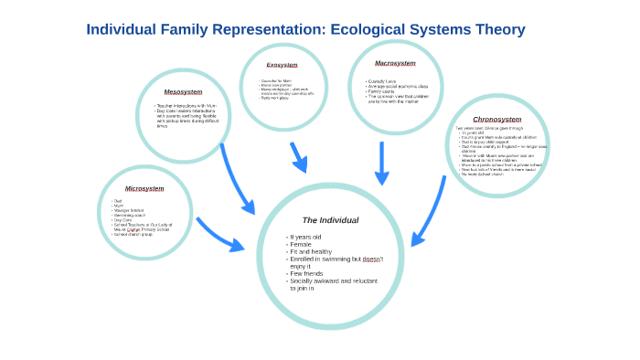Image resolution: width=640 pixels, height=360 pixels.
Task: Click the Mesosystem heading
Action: tap(183, 91)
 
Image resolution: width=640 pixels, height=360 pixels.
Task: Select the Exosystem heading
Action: tap(282, 65)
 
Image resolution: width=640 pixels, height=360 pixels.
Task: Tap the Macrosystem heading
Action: tap(395, 63)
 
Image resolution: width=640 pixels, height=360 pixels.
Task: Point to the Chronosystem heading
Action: tap(496, 119)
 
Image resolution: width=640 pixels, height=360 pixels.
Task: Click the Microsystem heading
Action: tap(144, 188)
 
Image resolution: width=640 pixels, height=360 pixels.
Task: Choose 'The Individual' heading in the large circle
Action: tap(330, 220)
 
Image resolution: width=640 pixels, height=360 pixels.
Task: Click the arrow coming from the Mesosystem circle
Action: tap(236, 178)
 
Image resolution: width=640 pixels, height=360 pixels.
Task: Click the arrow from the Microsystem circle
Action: tap(219, 235)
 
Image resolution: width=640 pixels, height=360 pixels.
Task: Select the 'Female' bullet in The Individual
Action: tap(302, 245)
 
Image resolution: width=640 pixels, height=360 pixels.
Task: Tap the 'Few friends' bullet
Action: tap(306, 273)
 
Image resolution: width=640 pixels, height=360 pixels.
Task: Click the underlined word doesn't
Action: tap(372, 259)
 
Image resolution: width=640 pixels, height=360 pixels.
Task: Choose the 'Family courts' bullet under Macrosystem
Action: tap(381, 91)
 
